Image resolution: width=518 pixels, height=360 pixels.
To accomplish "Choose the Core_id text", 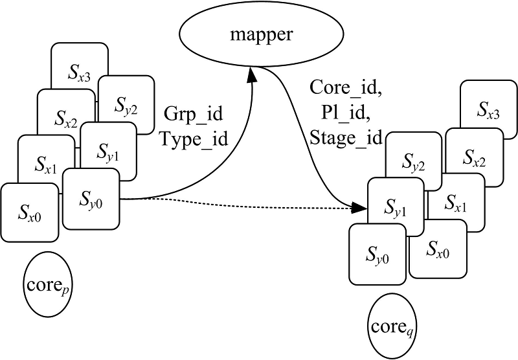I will point(346,87).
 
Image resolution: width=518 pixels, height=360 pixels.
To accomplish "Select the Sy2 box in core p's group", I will point(126,104).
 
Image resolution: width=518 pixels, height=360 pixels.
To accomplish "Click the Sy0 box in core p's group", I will point(91,197).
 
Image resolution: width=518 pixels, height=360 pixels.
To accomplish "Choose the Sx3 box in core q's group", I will point(487,114).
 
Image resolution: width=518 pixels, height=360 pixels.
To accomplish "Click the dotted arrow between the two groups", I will point(240,203).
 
